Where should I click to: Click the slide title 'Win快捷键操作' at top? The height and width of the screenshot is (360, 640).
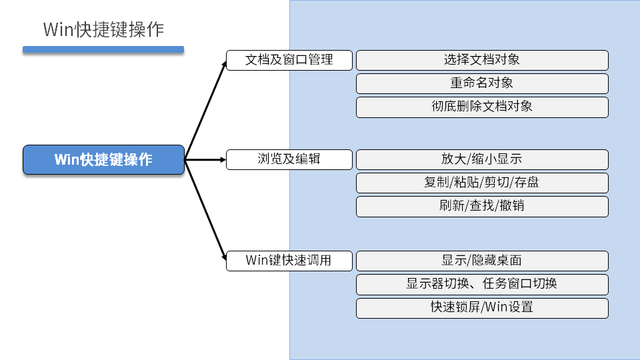click(103, 30)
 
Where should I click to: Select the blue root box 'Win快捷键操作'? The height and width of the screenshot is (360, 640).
click(103, 160)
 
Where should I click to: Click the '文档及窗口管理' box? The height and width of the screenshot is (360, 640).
click(289, 60)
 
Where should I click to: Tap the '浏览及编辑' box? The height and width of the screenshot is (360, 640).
click(289, 159)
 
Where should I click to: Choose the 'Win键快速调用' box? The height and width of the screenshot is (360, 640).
click(289, 261)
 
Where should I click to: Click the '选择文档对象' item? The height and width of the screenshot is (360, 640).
click(482, 60)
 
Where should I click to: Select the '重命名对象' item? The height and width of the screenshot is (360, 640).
click(482, 83)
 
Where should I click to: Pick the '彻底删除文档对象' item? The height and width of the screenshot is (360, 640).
click(482, 107)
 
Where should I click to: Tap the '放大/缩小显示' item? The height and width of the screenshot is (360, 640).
click(482, 159)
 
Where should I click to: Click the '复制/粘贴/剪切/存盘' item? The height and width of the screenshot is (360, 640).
click(482, 183)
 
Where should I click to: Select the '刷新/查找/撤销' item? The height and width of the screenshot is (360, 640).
click(482, 206)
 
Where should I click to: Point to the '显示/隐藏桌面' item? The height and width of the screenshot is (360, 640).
click(482, 261)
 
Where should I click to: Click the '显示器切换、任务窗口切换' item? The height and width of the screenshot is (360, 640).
click(482, 284)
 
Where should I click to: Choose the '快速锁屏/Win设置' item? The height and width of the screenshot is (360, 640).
click(482, 307)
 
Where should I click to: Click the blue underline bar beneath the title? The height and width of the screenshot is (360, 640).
click(103, 49)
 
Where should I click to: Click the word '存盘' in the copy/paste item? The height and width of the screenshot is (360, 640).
click(527, 183)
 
